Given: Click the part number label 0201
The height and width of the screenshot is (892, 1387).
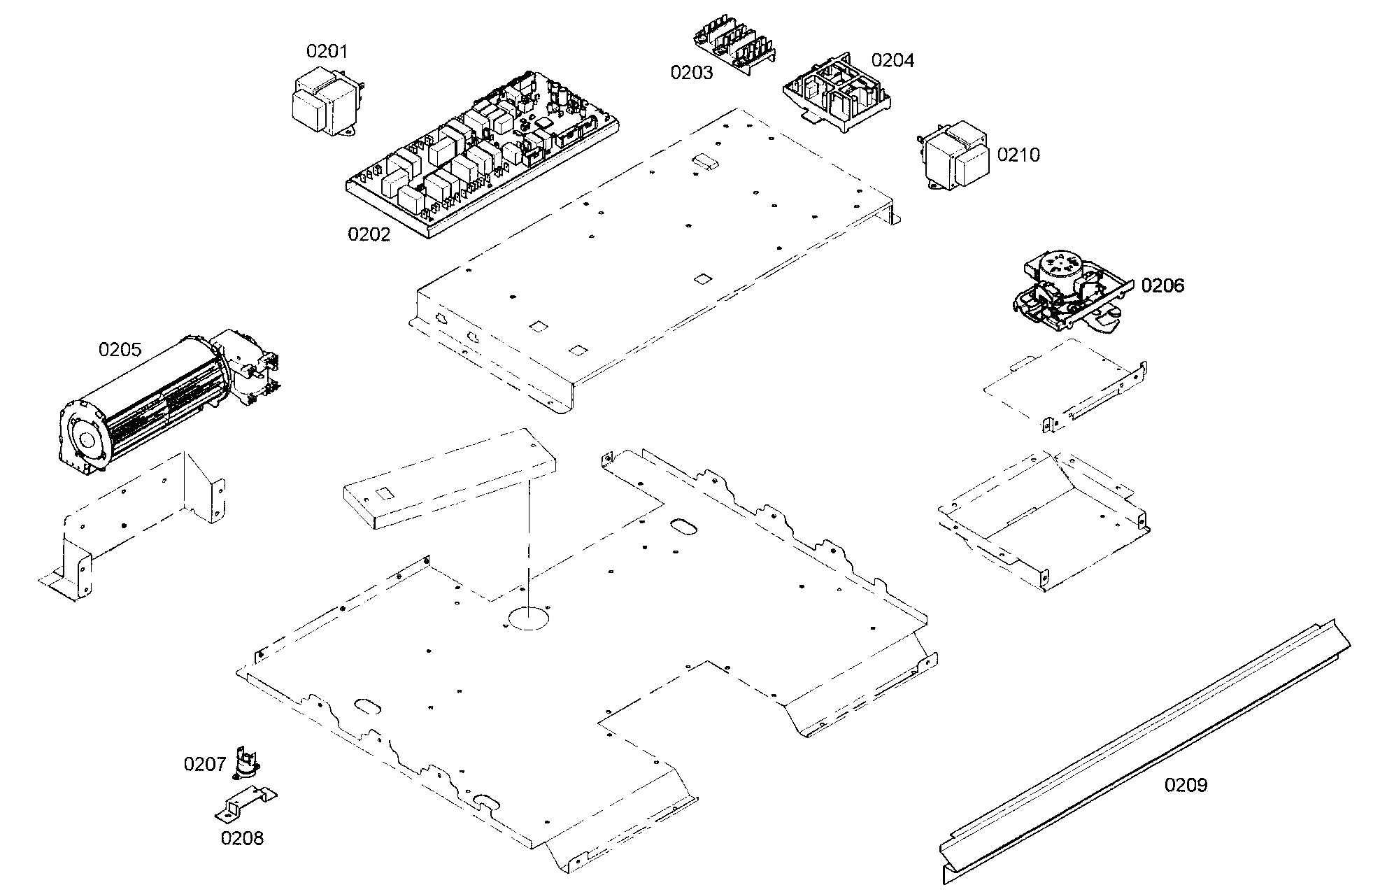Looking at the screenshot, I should [327, 51].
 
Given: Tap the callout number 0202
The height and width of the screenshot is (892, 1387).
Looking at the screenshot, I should [369, 234].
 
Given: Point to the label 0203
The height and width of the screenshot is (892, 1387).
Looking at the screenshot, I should [692, 72].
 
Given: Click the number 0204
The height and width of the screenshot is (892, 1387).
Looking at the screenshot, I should [892, 60].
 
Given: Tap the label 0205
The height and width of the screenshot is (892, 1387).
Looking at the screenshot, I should [120, 350].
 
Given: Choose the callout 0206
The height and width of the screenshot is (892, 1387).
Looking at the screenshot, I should [1162, 285].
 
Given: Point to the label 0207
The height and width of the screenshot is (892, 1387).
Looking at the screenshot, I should [204, 764].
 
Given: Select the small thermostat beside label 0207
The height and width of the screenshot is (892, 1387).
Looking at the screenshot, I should [245, 764].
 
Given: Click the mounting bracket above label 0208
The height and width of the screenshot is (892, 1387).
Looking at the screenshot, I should [245, 805].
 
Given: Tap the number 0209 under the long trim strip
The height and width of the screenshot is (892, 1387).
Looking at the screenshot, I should [1186, 785].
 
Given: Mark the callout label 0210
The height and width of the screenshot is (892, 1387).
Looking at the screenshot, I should [1018, 155].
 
